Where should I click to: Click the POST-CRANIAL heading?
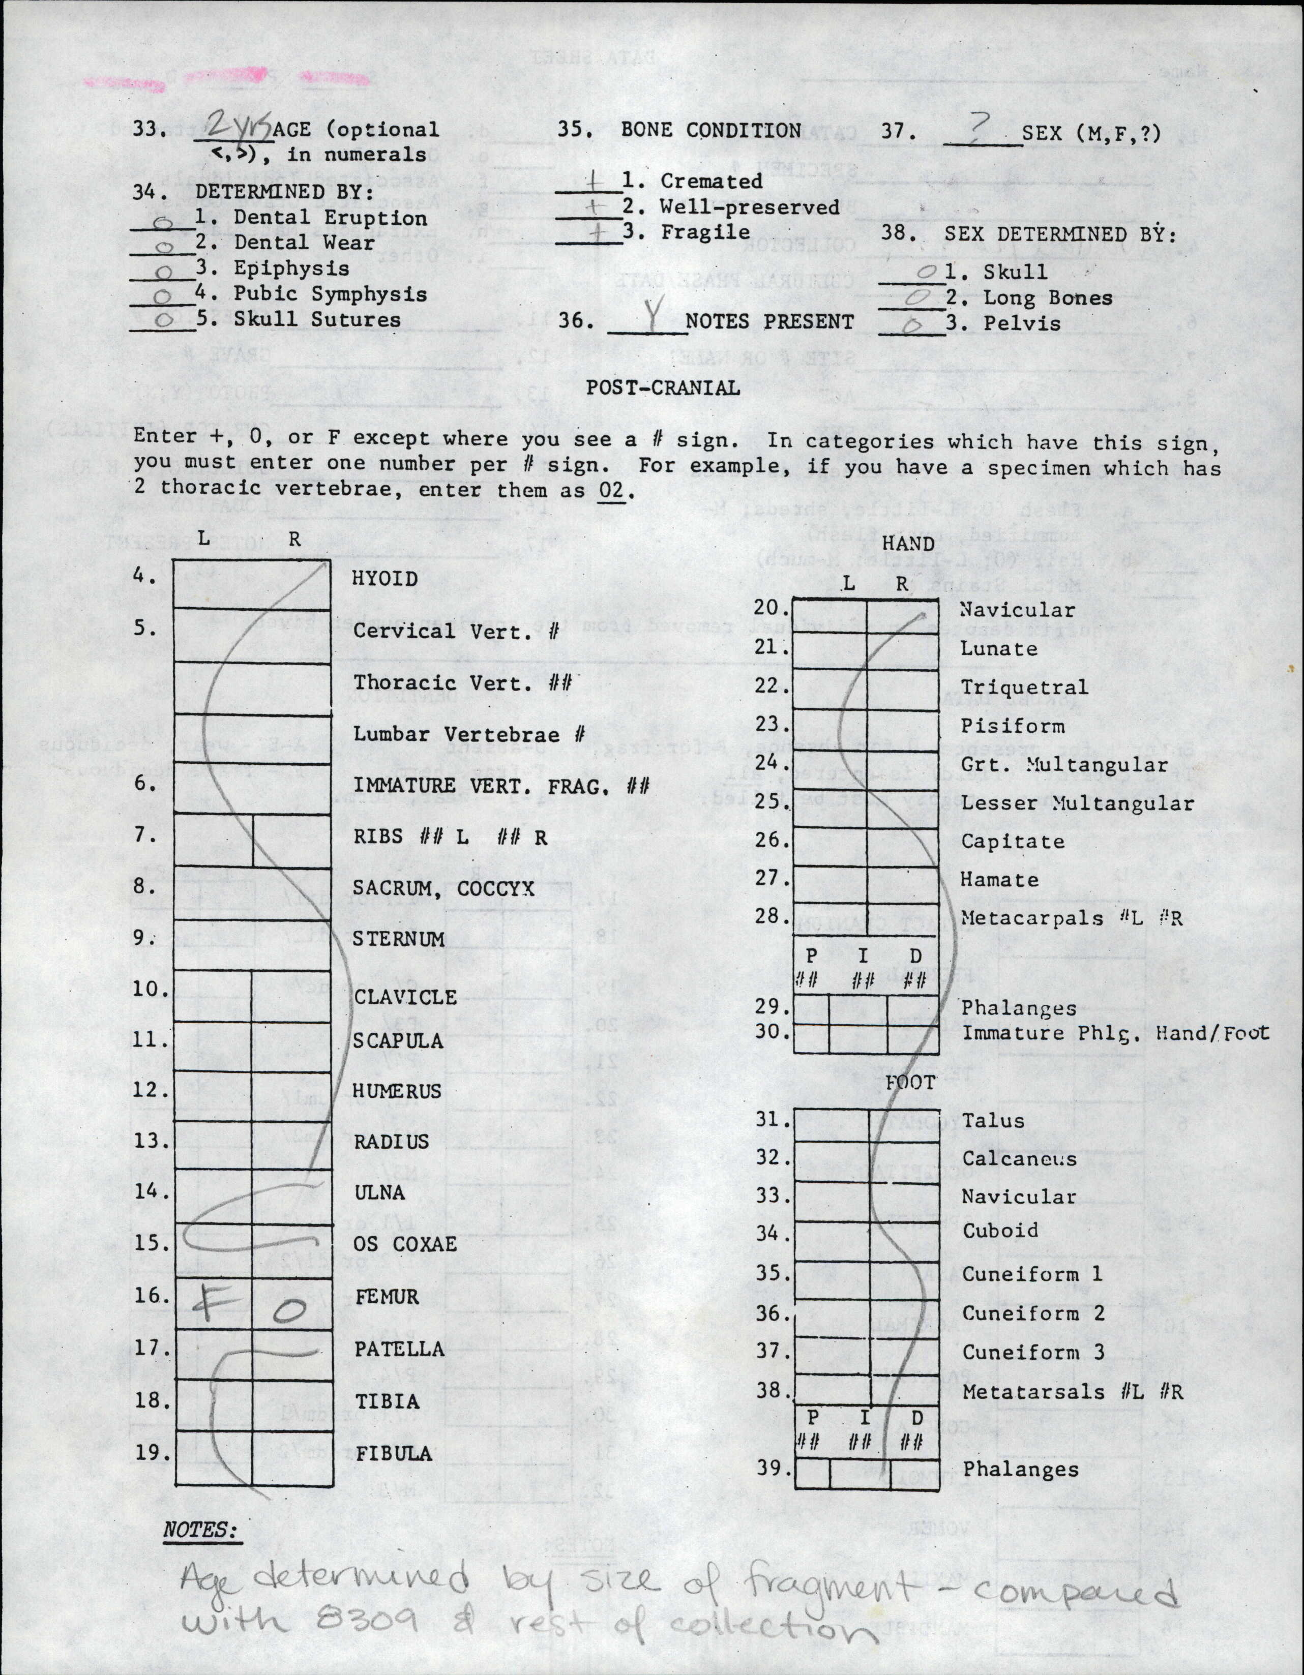[x=663, y=388]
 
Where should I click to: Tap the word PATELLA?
[x=399, y=1349]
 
